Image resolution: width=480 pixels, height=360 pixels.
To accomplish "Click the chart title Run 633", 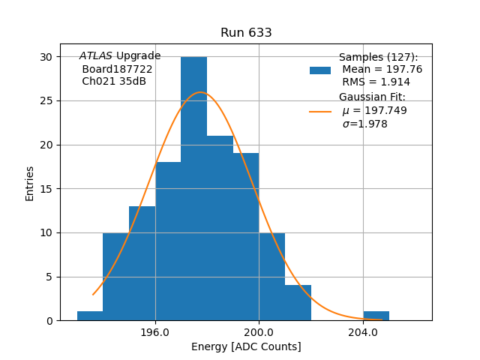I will [x=246, y=33].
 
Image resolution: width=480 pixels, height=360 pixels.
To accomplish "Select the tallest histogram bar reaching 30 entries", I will [x=193, y=187].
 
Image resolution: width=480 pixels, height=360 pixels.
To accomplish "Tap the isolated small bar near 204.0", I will [x=376, y=316].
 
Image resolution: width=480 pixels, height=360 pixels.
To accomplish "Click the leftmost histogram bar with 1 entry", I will [x=90, y=316].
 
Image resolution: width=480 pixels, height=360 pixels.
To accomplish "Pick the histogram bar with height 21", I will [x=220, y=228].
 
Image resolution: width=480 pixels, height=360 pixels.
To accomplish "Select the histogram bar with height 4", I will [x=298, y=303].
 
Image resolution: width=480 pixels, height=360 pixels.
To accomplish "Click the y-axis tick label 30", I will [x=46, y=57].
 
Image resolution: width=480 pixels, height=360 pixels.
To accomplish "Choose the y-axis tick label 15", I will [x=46, y=189].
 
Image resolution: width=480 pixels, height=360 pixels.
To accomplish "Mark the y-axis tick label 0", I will [x=49, y=321].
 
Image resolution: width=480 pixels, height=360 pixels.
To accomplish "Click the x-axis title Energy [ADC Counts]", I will [x=246, y=346].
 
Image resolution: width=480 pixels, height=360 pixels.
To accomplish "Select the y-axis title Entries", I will [x=30, y=184].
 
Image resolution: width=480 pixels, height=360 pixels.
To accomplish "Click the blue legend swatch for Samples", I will [x=320, y=70].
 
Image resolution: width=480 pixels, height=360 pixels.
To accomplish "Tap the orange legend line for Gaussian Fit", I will [x=320, y=111].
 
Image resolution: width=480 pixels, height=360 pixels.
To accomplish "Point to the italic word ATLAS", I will [x=95, y=56].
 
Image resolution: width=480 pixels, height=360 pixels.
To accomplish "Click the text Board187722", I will [x=117, y=69].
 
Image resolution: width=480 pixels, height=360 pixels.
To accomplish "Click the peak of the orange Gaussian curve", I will [x=200, y=92].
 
